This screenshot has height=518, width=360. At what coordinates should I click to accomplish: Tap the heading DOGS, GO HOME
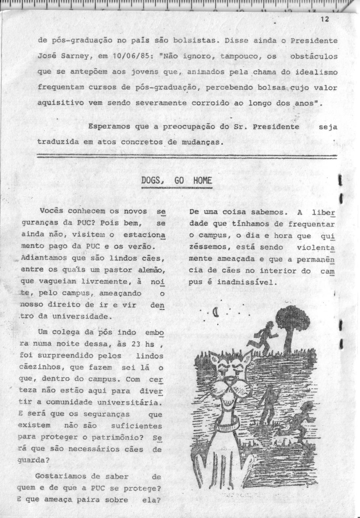pyautogui.click(x=177, y=181)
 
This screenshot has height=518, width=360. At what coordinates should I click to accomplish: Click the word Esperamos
pyautogui.click(x=109, y=126)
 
